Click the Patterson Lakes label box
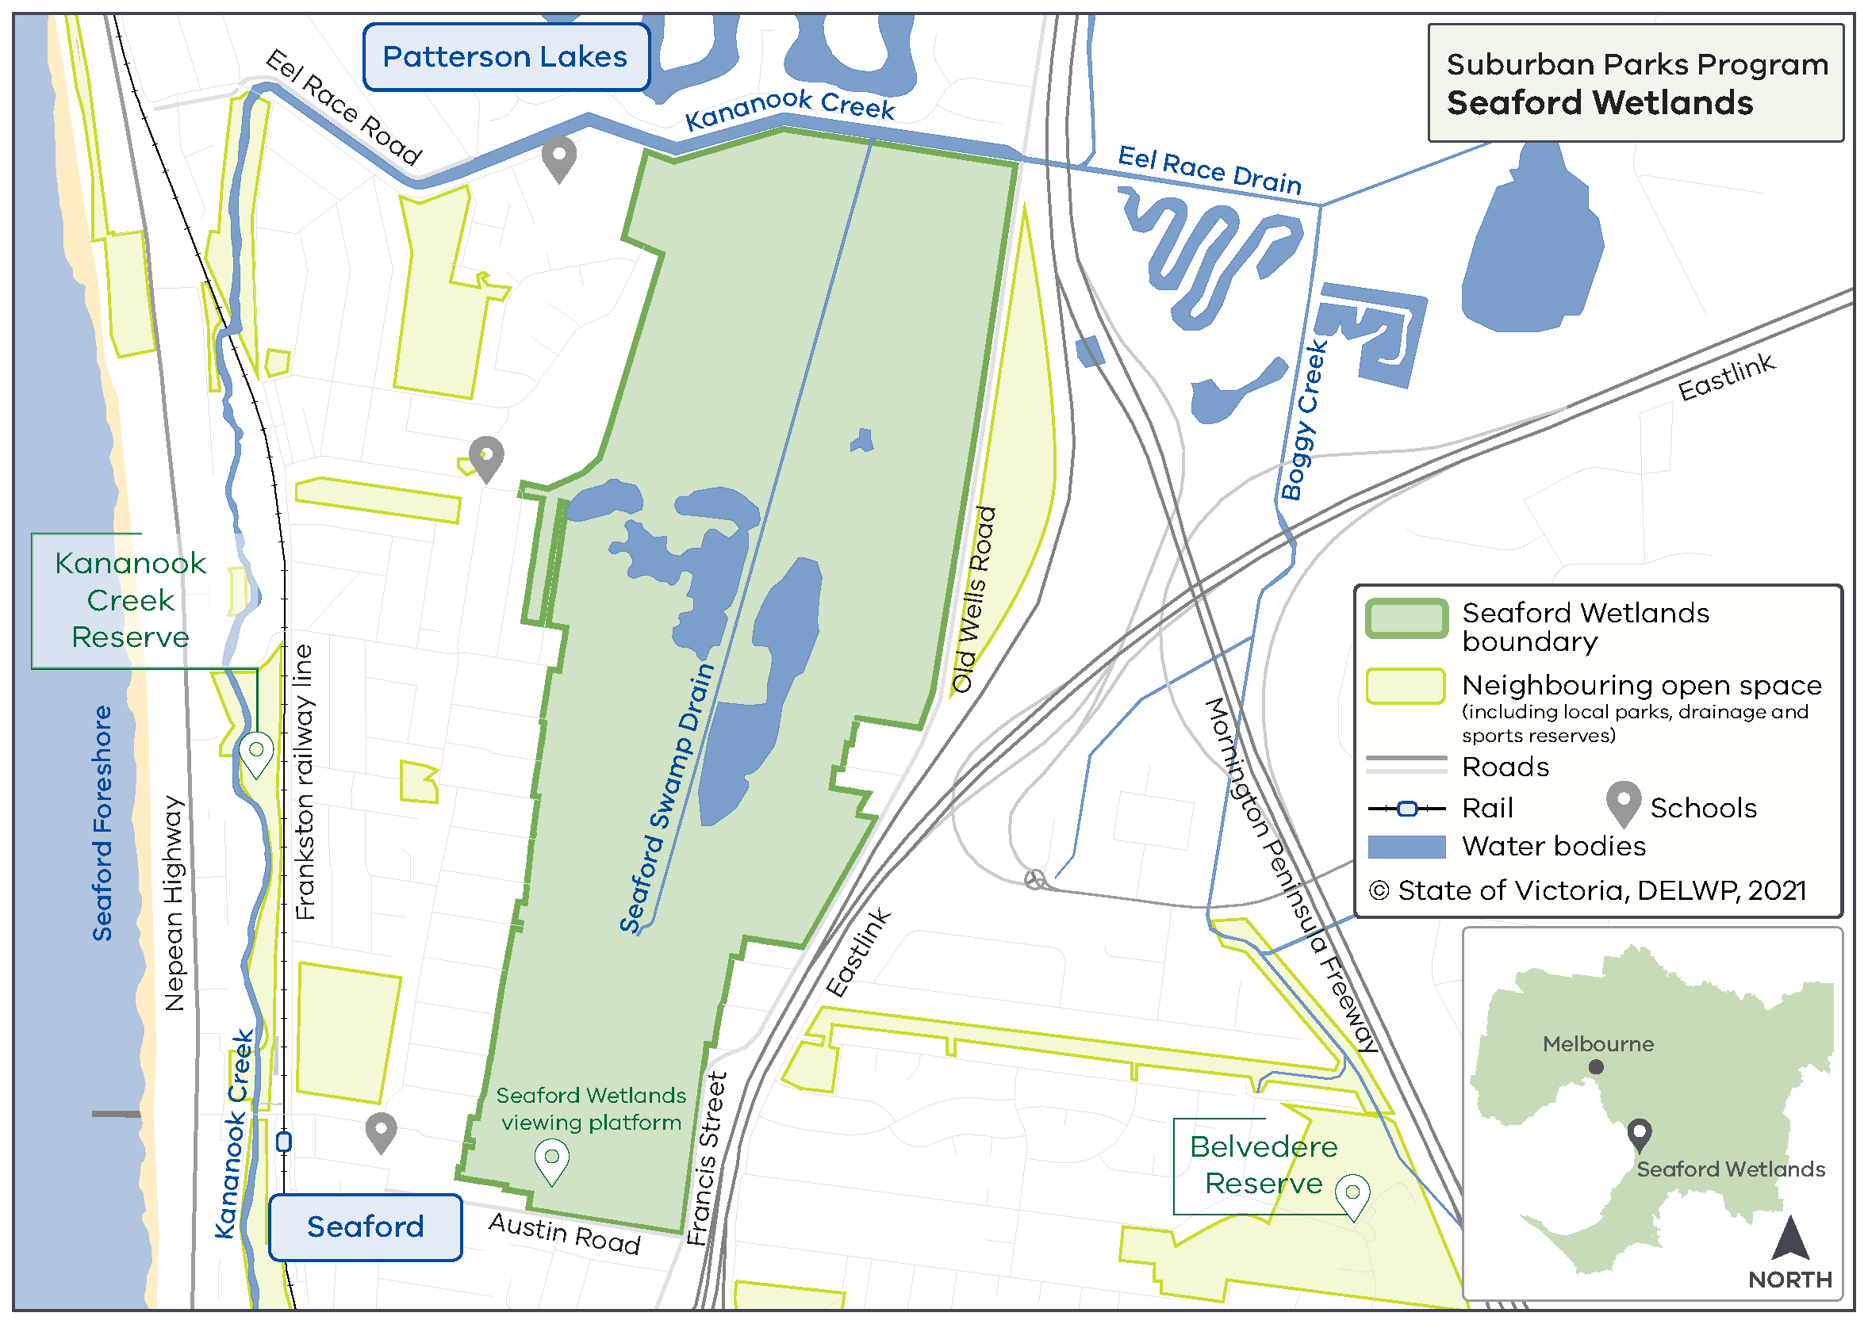click(x=506, y=57)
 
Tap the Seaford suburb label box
click(x=366, y=1226)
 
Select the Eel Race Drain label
click(x=1209, y=169)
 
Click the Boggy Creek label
click(x=1304, y=420)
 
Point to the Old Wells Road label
click(x=975, y=599)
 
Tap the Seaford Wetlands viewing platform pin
click(x=551, y=1160)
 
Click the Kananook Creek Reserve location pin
click(x=256, y=752)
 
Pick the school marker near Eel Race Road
click(x=558, y=156)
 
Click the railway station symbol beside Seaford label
click(x=284, y=1142)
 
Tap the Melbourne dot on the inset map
click(x=1597, y=1067)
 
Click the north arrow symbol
click(x=1790, y=1239)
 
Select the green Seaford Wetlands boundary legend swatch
click(x=1406, y=618)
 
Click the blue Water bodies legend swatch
click(x=1406, y=847)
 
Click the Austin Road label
click(x=565, y=1234)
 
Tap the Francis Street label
click(x=707, y=1158)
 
